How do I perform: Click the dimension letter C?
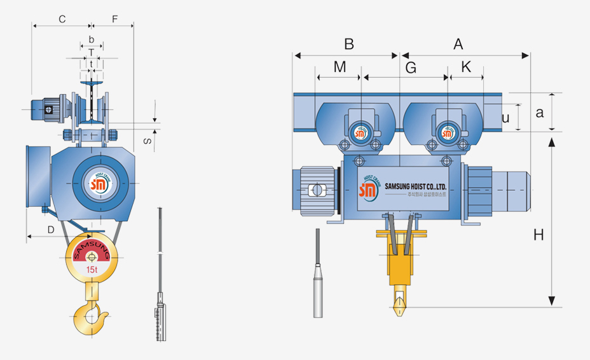(x=62, y=19)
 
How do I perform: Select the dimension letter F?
(x=114, y=19)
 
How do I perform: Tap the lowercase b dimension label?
(x=92, y=39)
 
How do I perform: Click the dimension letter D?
(x=50, y=230)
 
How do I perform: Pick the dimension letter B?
(x=348, y=44)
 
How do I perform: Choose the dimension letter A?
(x=458, y=44)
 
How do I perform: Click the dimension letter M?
(x=340, y=67)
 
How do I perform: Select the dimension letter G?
(x=411, y=67)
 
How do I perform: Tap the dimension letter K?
(x=467, y=67)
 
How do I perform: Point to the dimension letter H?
(x=539, y=235)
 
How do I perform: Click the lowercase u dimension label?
(x=505, y=118)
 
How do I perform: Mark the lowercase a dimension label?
(x=540, y=113)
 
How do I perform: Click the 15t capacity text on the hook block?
(x=92, y=270)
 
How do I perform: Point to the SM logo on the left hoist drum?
(x=99, y=185)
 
